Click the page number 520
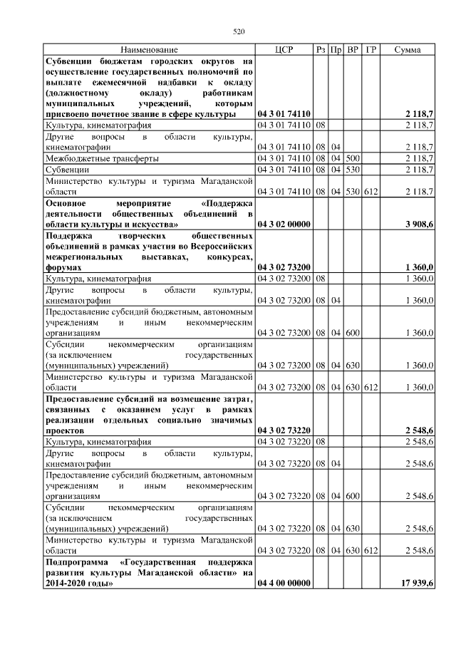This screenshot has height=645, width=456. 239,31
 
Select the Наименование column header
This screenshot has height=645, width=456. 149,50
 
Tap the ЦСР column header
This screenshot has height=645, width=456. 284,50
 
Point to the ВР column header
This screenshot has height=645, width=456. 353,50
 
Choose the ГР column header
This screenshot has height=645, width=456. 370,50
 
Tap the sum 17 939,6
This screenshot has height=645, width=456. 418,584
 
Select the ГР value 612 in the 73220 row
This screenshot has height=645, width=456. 370,551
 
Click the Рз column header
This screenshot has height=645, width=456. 321,50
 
